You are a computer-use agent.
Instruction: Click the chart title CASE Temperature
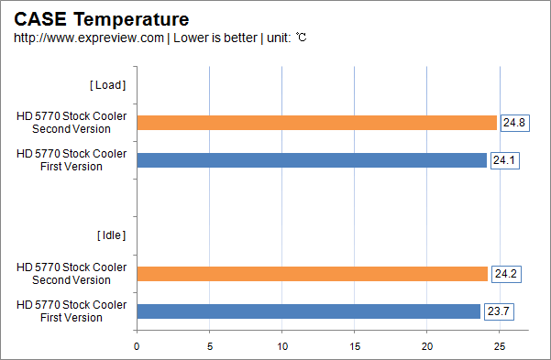(102, 18)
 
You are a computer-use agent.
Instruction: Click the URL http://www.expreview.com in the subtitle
(89, 38)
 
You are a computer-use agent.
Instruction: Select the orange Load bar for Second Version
(316, 123)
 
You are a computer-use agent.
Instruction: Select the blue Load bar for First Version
(312, 160)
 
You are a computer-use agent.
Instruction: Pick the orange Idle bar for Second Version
(312, 274)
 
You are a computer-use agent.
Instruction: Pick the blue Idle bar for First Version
(308, 311)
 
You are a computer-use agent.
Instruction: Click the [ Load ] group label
(107, 85)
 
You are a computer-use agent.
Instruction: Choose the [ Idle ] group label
(110, 235)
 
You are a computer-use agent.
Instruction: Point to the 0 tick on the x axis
(137, 346)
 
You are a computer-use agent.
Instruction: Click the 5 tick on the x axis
(209, 346)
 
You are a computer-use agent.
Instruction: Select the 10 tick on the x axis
(281, 346)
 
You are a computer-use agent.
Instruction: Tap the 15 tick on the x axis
(354, 346)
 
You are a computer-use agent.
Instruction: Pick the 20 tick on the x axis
(426, 346)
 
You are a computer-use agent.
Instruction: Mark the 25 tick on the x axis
(499, 346)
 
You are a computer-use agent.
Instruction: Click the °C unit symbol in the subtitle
(301, 38)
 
